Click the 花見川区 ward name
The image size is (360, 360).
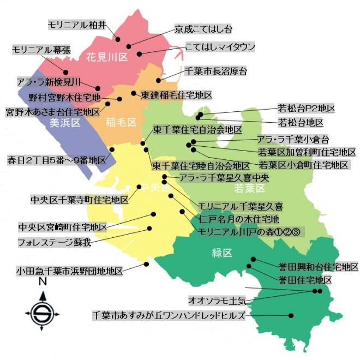tap(107, 56)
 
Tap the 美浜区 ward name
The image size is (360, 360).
tap(65, 123)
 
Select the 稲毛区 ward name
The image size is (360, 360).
tap(121, 123)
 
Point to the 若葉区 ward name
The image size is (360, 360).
tap(249, 189)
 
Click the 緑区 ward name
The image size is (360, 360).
tap(221, 253)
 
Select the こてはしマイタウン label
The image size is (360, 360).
tap(220, 47)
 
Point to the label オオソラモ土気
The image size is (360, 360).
tap(217, 301)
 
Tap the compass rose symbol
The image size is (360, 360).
tap(41, 311)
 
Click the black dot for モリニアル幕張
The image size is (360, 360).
tap(66, 71)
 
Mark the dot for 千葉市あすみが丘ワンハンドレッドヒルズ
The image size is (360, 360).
tap(291, 315)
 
